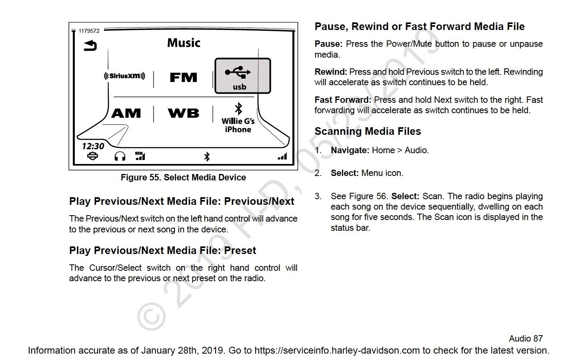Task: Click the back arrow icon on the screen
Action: (x=90, y=46)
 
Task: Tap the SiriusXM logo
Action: (x=124, y=76)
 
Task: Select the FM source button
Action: (x=184, y=77)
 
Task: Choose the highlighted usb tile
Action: (x=243, y=76)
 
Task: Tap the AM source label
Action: (x=126, y=113)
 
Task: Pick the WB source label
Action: (x=184, y=113)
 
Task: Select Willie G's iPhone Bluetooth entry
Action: (x=238, y=118)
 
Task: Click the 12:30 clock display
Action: (x=93, y=146)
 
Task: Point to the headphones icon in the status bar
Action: (x=120, y=156)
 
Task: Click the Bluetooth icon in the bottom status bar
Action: (x=207, y=157)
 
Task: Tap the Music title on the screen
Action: (x=184, y=43)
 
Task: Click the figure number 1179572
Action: (x=89, y=31)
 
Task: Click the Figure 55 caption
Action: (x=183, y=178)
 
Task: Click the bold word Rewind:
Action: (x=331, y=72)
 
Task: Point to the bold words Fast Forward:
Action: (x=343, y=100)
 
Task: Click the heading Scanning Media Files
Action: (x=368, y=131)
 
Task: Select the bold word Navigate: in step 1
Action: (x=350, y=150)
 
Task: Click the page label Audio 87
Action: (x=526, y=338)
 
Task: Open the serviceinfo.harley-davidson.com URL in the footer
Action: (x=337, y=350)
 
